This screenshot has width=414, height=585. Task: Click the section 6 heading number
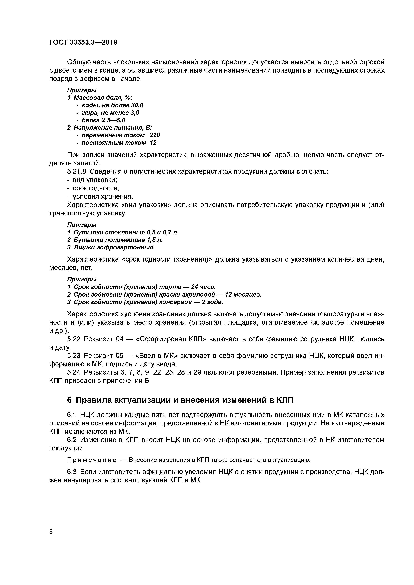(69, 400)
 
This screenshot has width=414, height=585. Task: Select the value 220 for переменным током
(155, 135)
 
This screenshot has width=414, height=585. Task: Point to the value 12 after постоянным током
(153, 143)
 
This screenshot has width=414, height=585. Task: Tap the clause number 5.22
(74, 339)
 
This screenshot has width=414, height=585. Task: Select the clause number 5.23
(74, 356)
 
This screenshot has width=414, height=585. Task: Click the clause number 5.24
(74, 373)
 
